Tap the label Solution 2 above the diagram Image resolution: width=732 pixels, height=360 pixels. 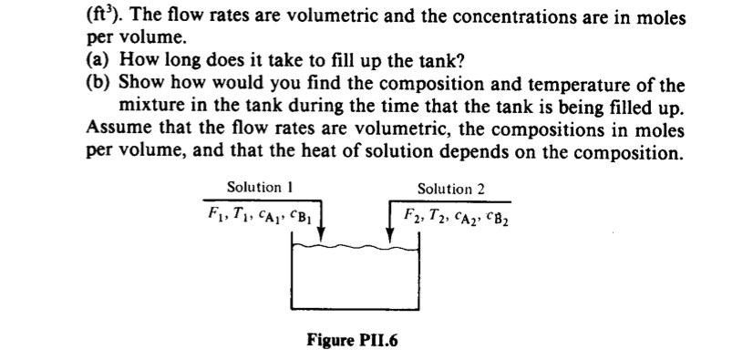(451, 190)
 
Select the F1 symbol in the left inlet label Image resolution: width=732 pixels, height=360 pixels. (215, 215)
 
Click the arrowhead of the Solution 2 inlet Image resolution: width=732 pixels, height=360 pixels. (389, 236)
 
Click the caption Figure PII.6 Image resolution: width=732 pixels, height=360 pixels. (353, 340)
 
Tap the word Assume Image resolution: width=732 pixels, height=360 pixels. (116, 129)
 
